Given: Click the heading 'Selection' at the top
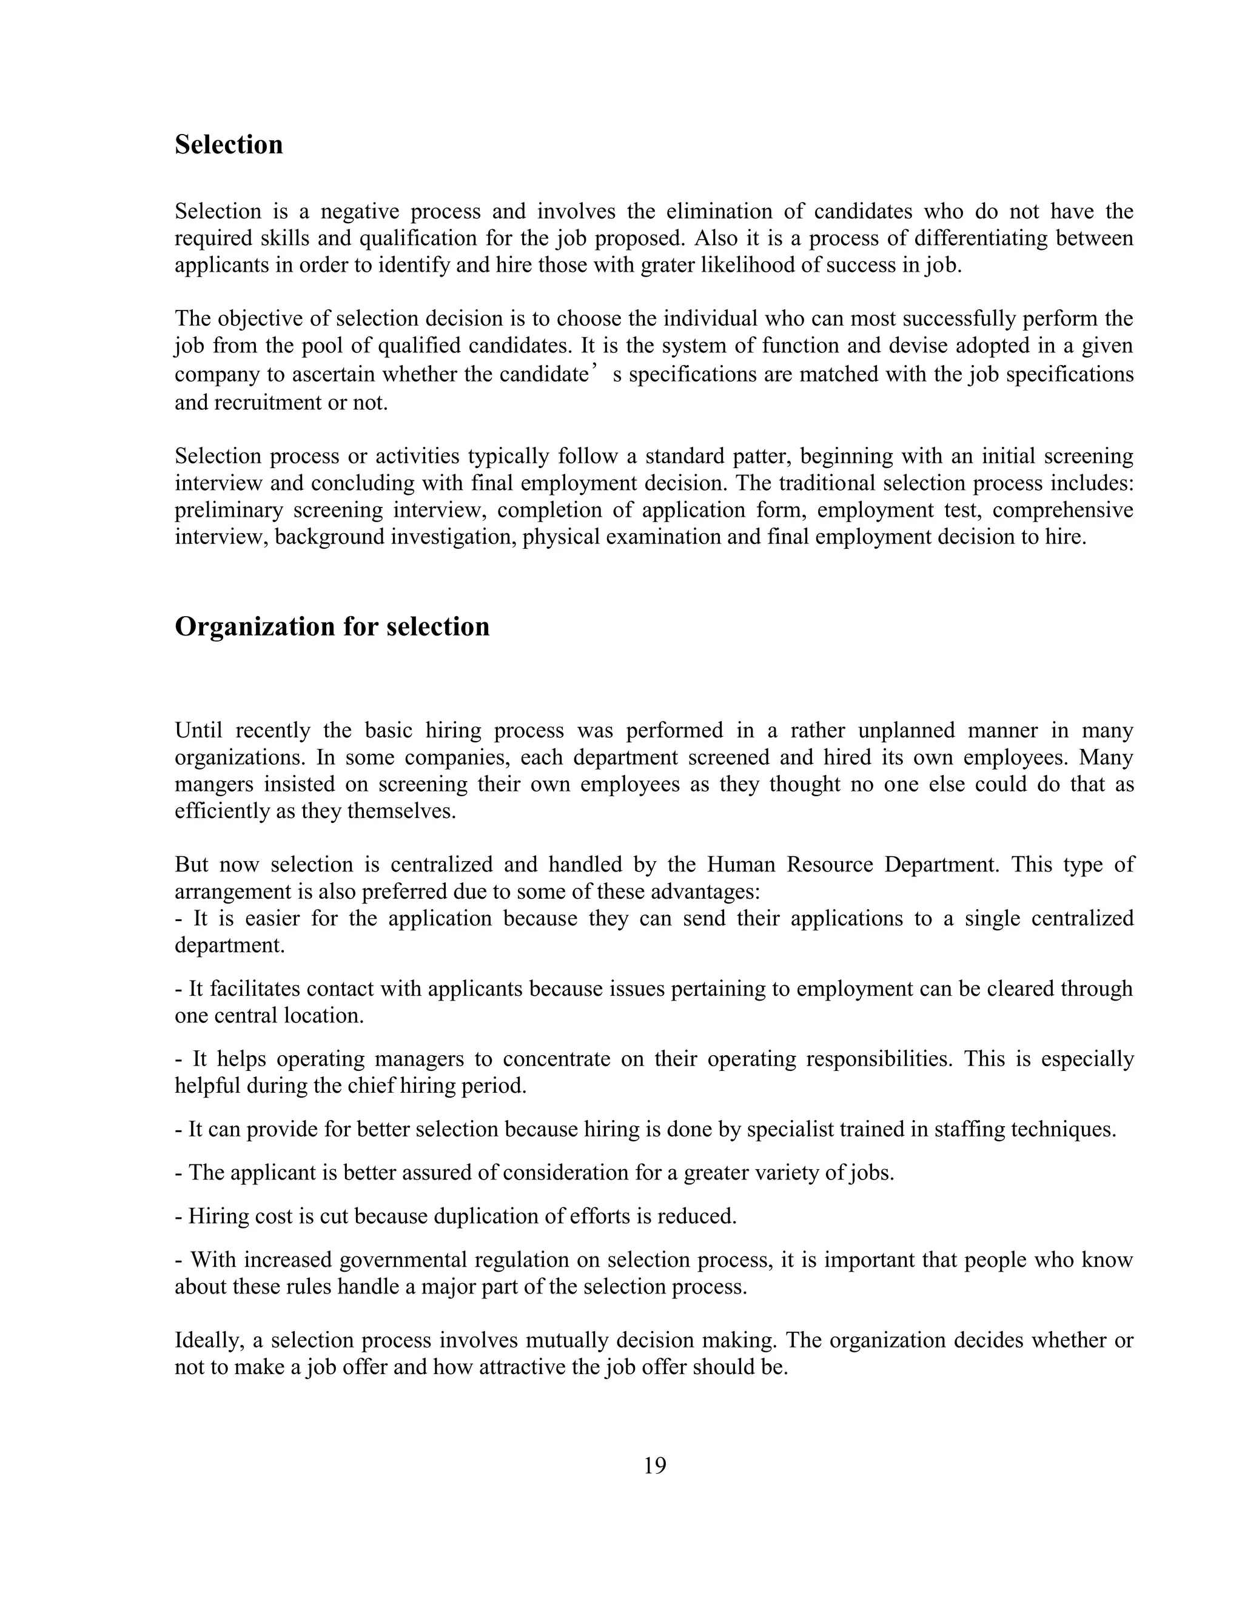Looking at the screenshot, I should click(228, 145).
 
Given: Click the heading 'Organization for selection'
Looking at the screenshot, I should click(332, 627).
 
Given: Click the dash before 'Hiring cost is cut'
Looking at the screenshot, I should click(178, 1217).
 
